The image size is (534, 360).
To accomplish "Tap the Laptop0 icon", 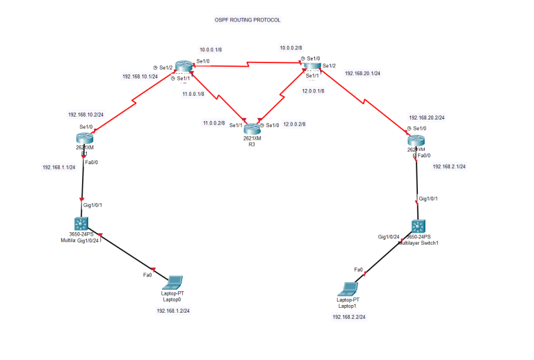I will pyautogui.click(x=172, y=283).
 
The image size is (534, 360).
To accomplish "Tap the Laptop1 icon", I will pyautogui.click(x=348, y=289).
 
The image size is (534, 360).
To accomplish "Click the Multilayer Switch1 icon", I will pyautogui.click(x=417, y=227).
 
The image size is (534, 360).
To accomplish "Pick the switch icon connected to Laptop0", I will pyautogui.click(x=83, y=224).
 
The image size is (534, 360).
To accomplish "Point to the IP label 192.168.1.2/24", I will pyautogui.click(x=173, y=311).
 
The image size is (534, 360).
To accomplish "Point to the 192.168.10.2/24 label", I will pyautogui.click(x=86, y=114).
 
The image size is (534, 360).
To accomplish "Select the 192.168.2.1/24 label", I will pyautogui.click(x=449, y=167).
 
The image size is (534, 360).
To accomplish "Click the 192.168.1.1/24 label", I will pyautogui.click(x=60, y=167).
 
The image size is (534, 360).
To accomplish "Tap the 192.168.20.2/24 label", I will pyautogui.click(x=427, y=118).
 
